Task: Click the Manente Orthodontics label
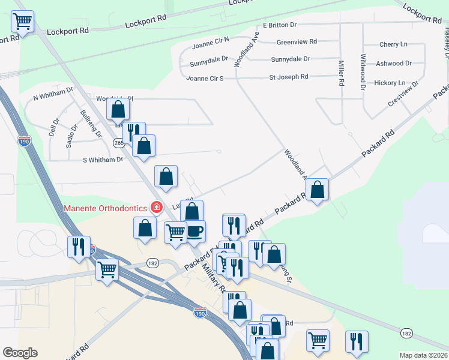click(106, 208)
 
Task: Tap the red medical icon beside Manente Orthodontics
click(157, 208)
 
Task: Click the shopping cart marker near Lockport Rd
click(22, 22)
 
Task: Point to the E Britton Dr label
click(280, 25)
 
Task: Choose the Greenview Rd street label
click(297, 42)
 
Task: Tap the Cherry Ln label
click(393, 44)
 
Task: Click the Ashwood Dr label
click(393, 63)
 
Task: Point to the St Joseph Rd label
click(288, 77)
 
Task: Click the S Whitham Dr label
click(103, 160)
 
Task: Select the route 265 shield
click(119, 142)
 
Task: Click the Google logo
click(20, 353)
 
